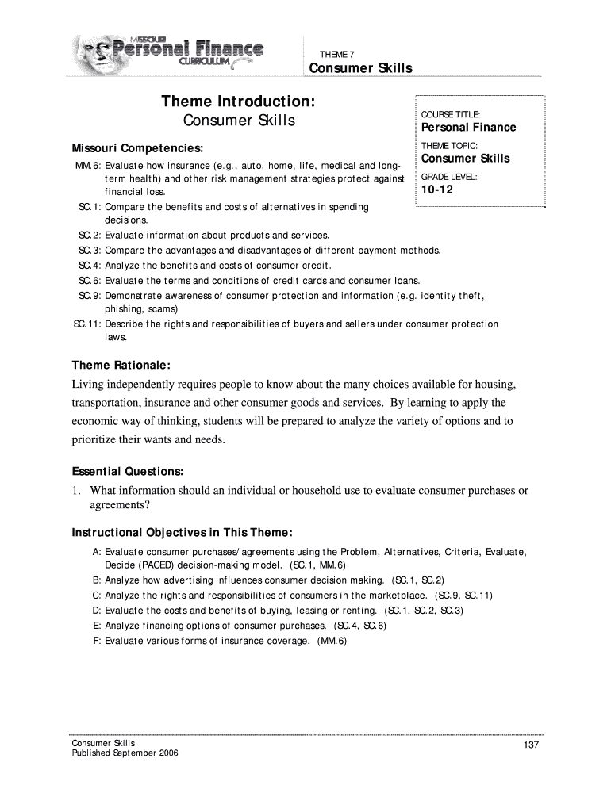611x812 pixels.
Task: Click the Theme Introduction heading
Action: pyautogui.click(x=239, y=101)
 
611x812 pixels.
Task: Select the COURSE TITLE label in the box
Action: pyautogui.click(x=450, y=114)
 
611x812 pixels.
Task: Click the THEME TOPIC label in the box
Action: pyautogui.click(x=448, y=146)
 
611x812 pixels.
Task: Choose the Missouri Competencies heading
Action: pyautogui.click(x=137, y=148)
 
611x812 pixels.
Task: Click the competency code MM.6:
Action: pyautogui.click(x=86, y=166)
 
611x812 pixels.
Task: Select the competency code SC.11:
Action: pyautogui.click(x=86, y=324)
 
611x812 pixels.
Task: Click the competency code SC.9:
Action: pyautogui.click(x=89, y=295)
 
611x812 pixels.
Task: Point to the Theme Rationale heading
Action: pyautogui.click(x=121, y=365)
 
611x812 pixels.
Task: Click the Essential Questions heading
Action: pyautogui.click(x=128, y=471)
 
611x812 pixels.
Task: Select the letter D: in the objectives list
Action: pyautogui.click(x=97, y=611)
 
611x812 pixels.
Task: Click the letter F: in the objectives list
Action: pyautogui.click(x=97, y=640)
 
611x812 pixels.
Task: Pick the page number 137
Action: pyautogui.click(x=532, y=745)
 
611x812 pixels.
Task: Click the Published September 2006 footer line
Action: pyautogui.click(x=125, y=753)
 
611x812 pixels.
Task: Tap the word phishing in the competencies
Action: pyautogui.click(x=124, y=308)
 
